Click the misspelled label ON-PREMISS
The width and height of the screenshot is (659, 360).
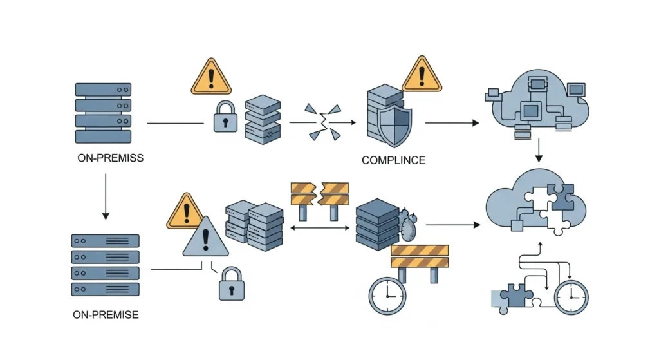pos(109,158)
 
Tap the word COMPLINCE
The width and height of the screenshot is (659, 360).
pos(393,160)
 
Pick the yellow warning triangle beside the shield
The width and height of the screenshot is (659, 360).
pos(422,74)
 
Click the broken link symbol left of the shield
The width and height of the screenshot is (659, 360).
pos(322,121)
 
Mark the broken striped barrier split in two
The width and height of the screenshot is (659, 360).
pos(320,193)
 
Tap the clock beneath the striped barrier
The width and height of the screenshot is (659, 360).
pos(387,296)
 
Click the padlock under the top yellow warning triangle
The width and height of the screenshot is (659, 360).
pos(226,117)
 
